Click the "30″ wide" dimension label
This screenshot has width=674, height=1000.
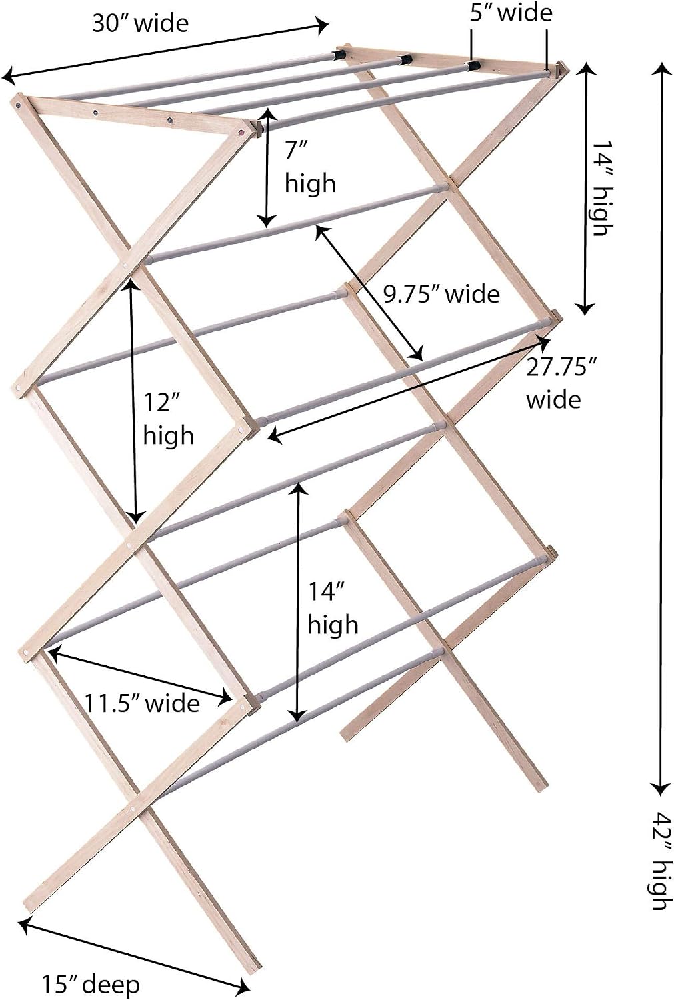click(x=140, y=23)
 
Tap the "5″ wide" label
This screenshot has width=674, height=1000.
click(x=511, y=13)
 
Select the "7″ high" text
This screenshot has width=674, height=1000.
click(x=310, y=167)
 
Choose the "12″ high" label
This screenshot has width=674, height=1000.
click(x=168, y=418)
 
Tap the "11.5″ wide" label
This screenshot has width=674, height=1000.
click(x=142, y=704)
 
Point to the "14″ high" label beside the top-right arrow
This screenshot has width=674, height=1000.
click(x=601, y=189)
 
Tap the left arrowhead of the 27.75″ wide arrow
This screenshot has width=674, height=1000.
click(x=273, y=437)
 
